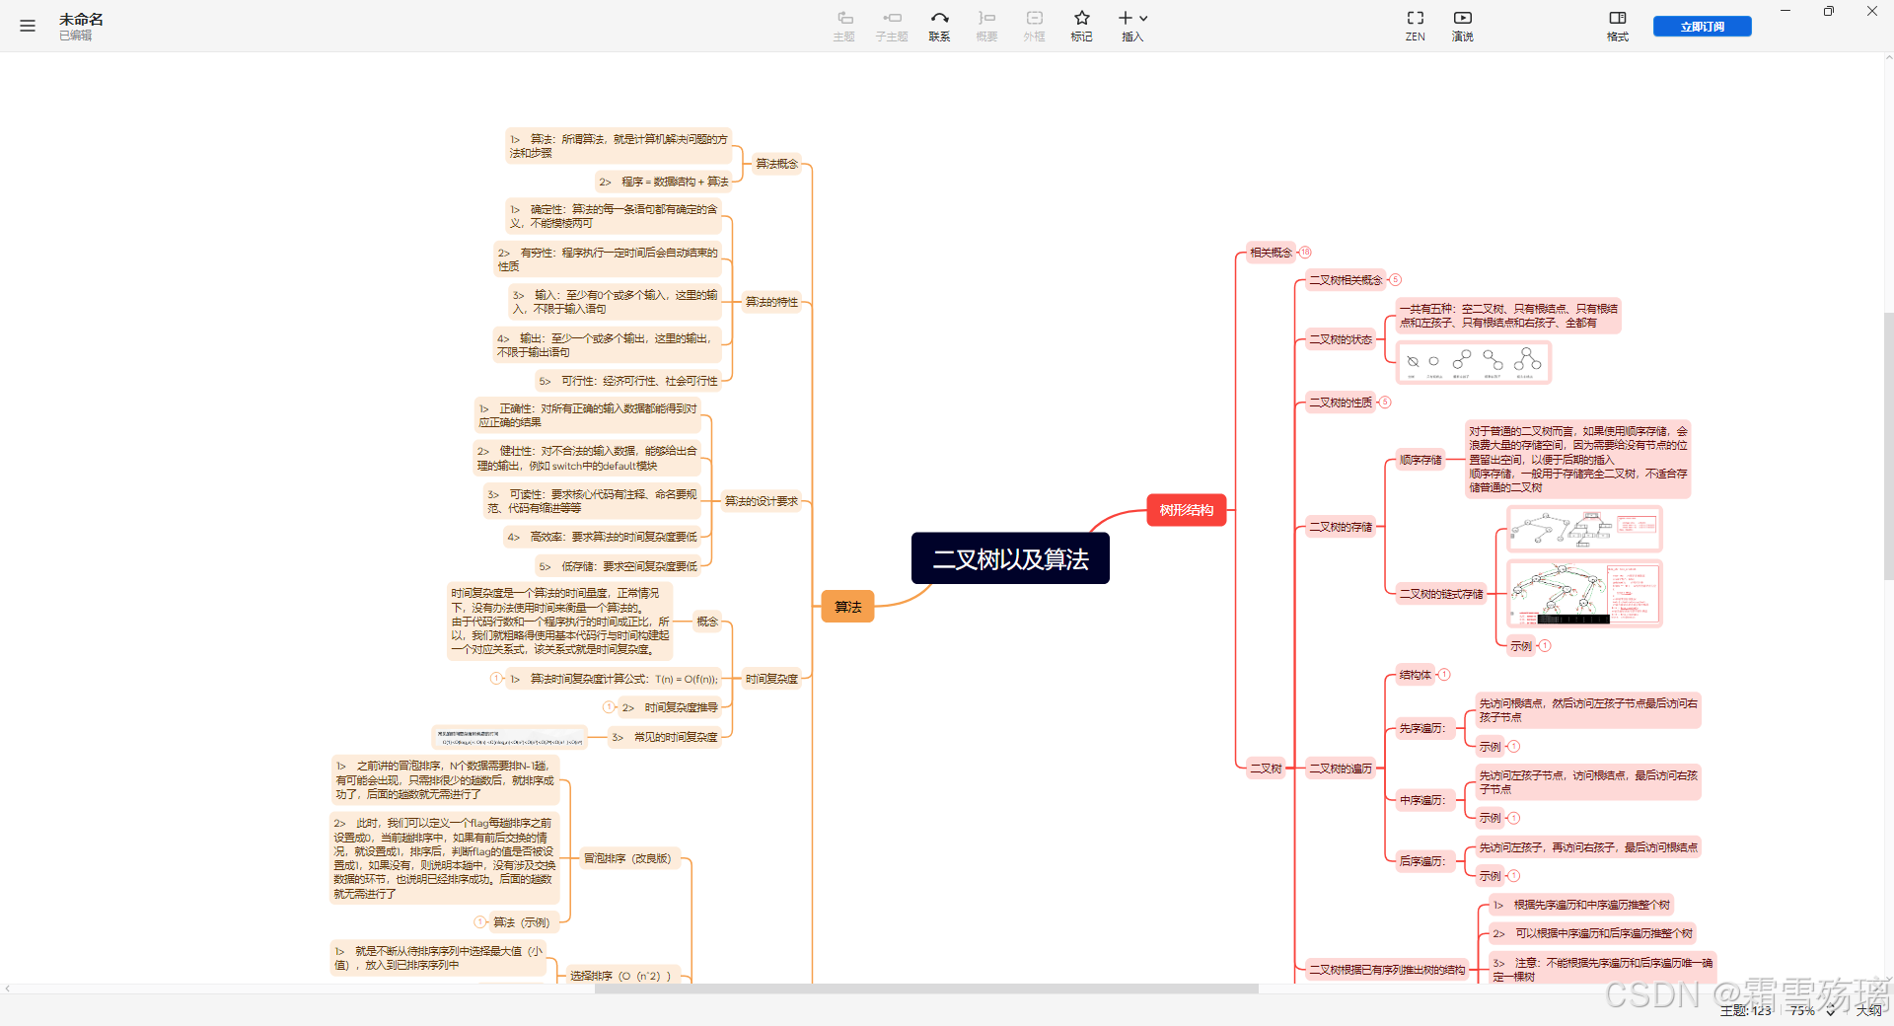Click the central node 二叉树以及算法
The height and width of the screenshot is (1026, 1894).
tap(1010, 558)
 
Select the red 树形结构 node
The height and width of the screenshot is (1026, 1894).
tap(1186, 510)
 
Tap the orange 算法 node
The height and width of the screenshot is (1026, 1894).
tap(847, 607)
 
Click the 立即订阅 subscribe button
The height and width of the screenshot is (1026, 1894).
tap(1702, 27)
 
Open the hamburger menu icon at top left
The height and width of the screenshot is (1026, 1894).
tap(28, 27)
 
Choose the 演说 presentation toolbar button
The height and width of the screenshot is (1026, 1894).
tap(1462, 26)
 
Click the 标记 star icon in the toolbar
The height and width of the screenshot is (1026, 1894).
tap(1081, 26)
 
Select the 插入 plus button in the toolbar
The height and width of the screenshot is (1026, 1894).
tap(1131, 26)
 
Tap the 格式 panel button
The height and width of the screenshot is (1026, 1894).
tap(1617, 26)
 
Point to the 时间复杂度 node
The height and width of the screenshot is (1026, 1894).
tap(771, 679)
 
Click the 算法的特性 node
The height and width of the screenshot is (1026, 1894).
tap(771, 302)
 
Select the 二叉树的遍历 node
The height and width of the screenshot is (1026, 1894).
tap(1340, 769)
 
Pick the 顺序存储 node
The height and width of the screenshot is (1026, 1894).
tap(1420, 460)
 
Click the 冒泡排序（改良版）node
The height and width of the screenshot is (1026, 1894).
tap(627, 858)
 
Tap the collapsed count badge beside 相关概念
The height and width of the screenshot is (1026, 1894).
tap(1305, 253)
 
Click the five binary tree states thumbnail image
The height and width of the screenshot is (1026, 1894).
tap(1474, 362)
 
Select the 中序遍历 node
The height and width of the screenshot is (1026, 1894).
tap(1421, 800)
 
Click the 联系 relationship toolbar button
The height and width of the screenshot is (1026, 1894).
tap(939, 26)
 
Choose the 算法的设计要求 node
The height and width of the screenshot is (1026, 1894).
tap(761, 501)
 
